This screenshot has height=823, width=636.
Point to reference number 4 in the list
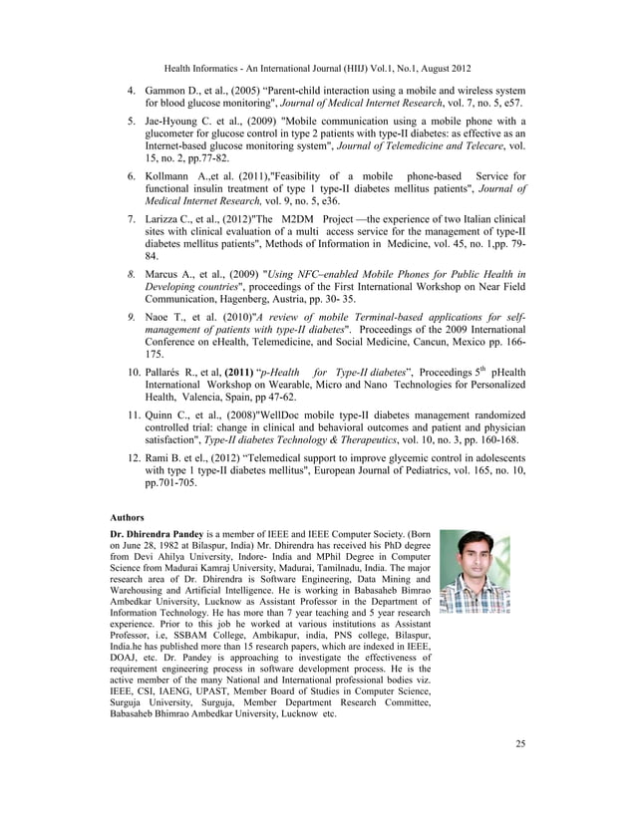coord(131,91)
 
